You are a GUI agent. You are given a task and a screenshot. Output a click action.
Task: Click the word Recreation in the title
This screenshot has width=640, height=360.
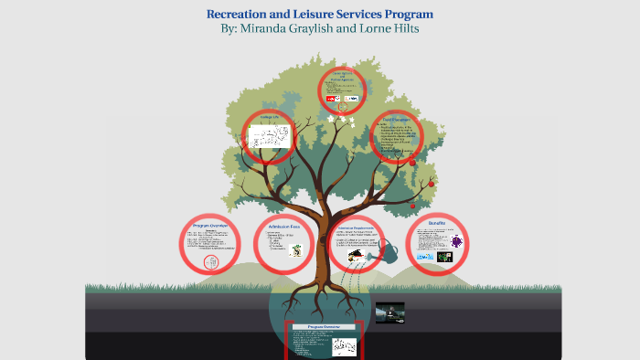[239, 15]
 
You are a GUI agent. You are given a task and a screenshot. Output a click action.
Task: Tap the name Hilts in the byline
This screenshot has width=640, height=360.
[402, 29]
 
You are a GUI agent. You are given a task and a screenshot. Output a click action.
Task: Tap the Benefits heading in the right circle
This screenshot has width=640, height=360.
[437, 222]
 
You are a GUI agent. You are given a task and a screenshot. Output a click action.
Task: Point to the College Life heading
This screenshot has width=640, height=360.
[269, 117]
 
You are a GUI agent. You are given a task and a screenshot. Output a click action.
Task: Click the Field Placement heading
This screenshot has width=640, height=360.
[400, 120]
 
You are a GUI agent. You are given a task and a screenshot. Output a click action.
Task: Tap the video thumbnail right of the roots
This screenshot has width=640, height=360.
[389, 313]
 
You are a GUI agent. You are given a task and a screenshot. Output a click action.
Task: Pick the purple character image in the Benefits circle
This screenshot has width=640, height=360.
[456, 241]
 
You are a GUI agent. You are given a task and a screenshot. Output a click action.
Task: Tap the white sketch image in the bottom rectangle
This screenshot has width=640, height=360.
[345, 345]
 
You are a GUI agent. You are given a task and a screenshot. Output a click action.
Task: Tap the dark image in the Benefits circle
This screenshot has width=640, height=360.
[444, 258]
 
